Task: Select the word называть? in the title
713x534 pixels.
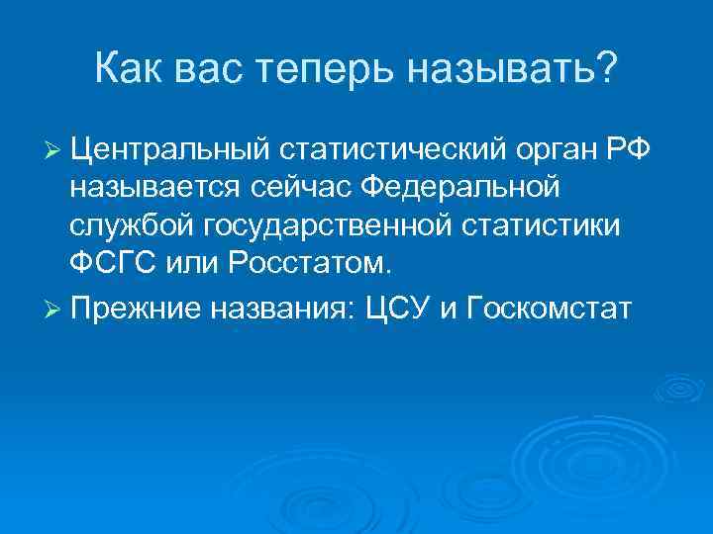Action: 531,71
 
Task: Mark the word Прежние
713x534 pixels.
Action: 138,308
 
